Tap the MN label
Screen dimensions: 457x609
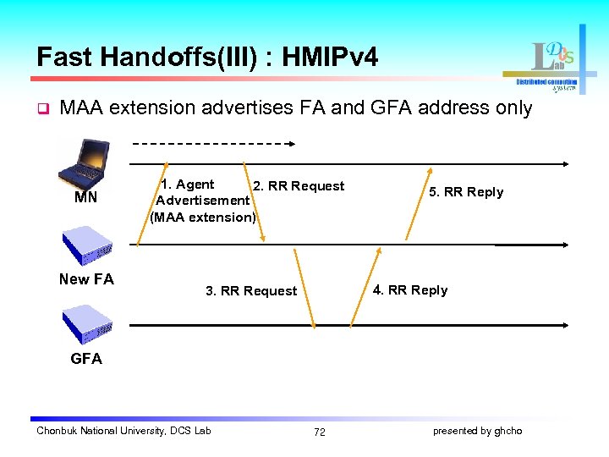[85, 199]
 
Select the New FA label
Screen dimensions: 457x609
[86, 279]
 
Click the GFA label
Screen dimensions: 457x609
[86, 359]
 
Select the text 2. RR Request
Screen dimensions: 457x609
[299, 186]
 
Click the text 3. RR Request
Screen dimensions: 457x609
[251, 291]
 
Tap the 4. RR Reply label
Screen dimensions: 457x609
[410, 290]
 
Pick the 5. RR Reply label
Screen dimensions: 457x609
[466, 192]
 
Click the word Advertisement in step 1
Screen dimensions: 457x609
[202, 201]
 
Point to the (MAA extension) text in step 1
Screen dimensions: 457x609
[202, 217]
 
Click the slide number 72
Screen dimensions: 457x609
[319, 432]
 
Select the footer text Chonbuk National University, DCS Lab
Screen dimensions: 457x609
[123, 431]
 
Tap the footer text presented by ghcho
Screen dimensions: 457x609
[477, 431]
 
